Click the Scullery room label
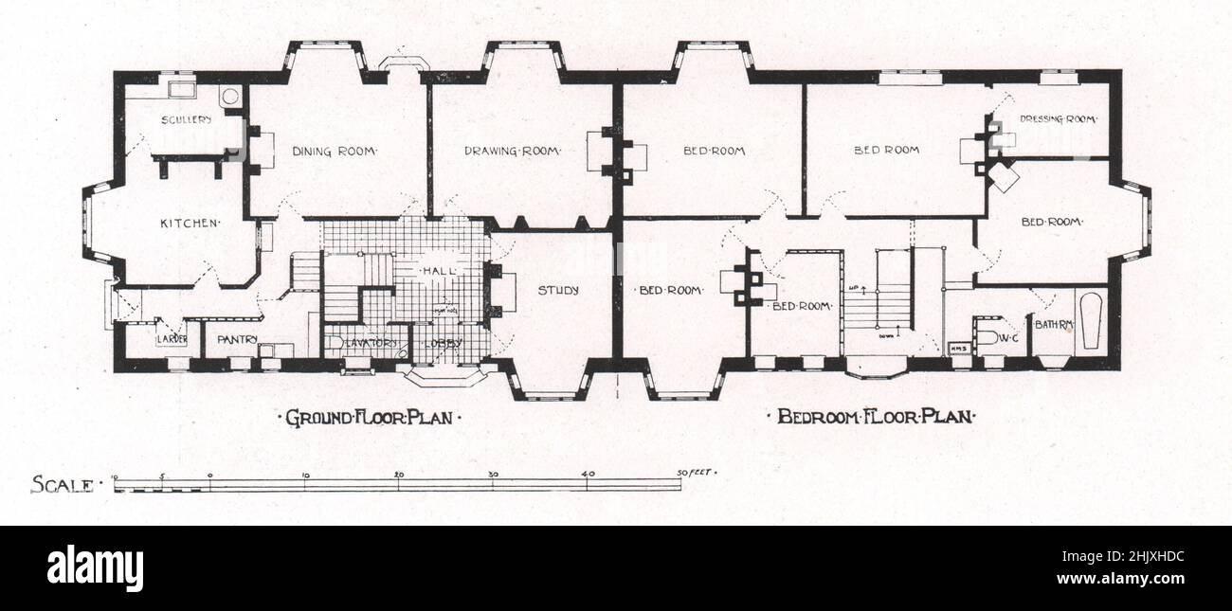point(185,120)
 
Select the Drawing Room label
point(513,151)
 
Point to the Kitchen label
point(190,224)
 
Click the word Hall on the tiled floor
point(437,271)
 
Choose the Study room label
point(558,291)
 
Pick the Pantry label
point(238,339)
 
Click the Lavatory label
point(373,343)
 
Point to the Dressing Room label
point(1058,119)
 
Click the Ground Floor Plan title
point(367,417)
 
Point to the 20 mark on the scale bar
point(398,475)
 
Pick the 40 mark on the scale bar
point(588,475)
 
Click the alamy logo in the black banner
point(95,567)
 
